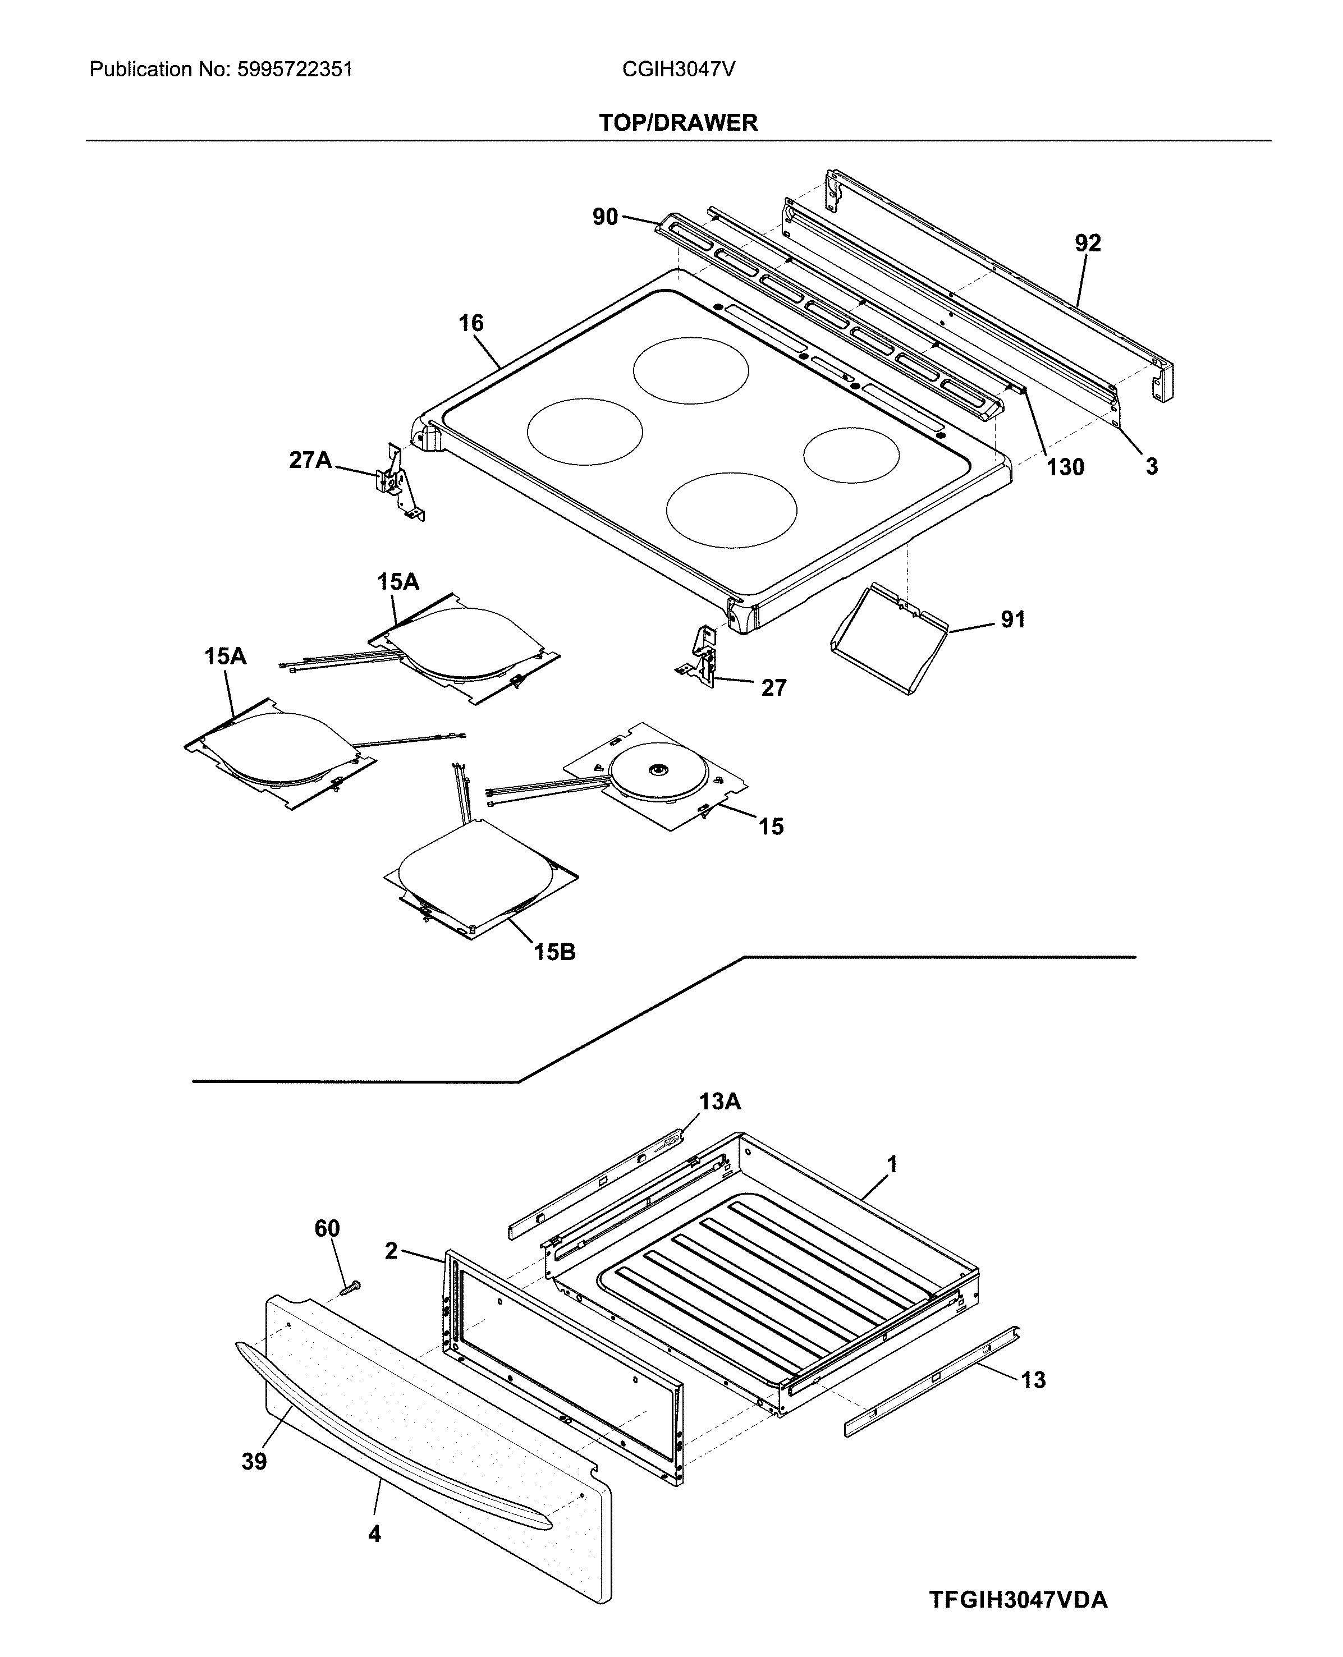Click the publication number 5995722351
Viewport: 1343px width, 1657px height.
click(294, 70)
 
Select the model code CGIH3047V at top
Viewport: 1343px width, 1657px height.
click(678, 70)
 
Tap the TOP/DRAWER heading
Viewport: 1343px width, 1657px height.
click(678, 123)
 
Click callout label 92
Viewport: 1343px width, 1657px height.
click(1087, 244)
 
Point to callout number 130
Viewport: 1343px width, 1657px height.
click(1065, 467)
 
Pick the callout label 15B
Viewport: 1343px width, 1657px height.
click(554, 952)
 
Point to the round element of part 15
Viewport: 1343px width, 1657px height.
click(658, 770)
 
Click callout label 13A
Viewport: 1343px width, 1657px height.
click(719, 1101)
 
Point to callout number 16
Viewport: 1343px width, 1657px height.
click(470, 323)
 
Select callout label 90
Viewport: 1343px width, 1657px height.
click(605, 217)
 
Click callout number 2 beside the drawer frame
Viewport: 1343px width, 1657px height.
click(391, 1251)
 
